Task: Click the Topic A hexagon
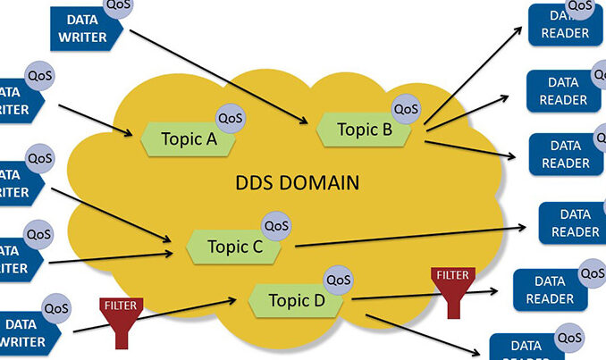188,139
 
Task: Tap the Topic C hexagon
233,246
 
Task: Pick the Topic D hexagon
296,300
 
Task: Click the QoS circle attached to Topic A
231,117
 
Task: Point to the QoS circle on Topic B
406,109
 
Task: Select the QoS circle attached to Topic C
276,225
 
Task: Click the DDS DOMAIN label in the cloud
297,184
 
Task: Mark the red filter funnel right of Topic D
451,288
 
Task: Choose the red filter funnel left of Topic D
120,317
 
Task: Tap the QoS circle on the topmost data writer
120,8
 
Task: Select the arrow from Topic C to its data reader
411,236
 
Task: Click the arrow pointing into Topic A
98,119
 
